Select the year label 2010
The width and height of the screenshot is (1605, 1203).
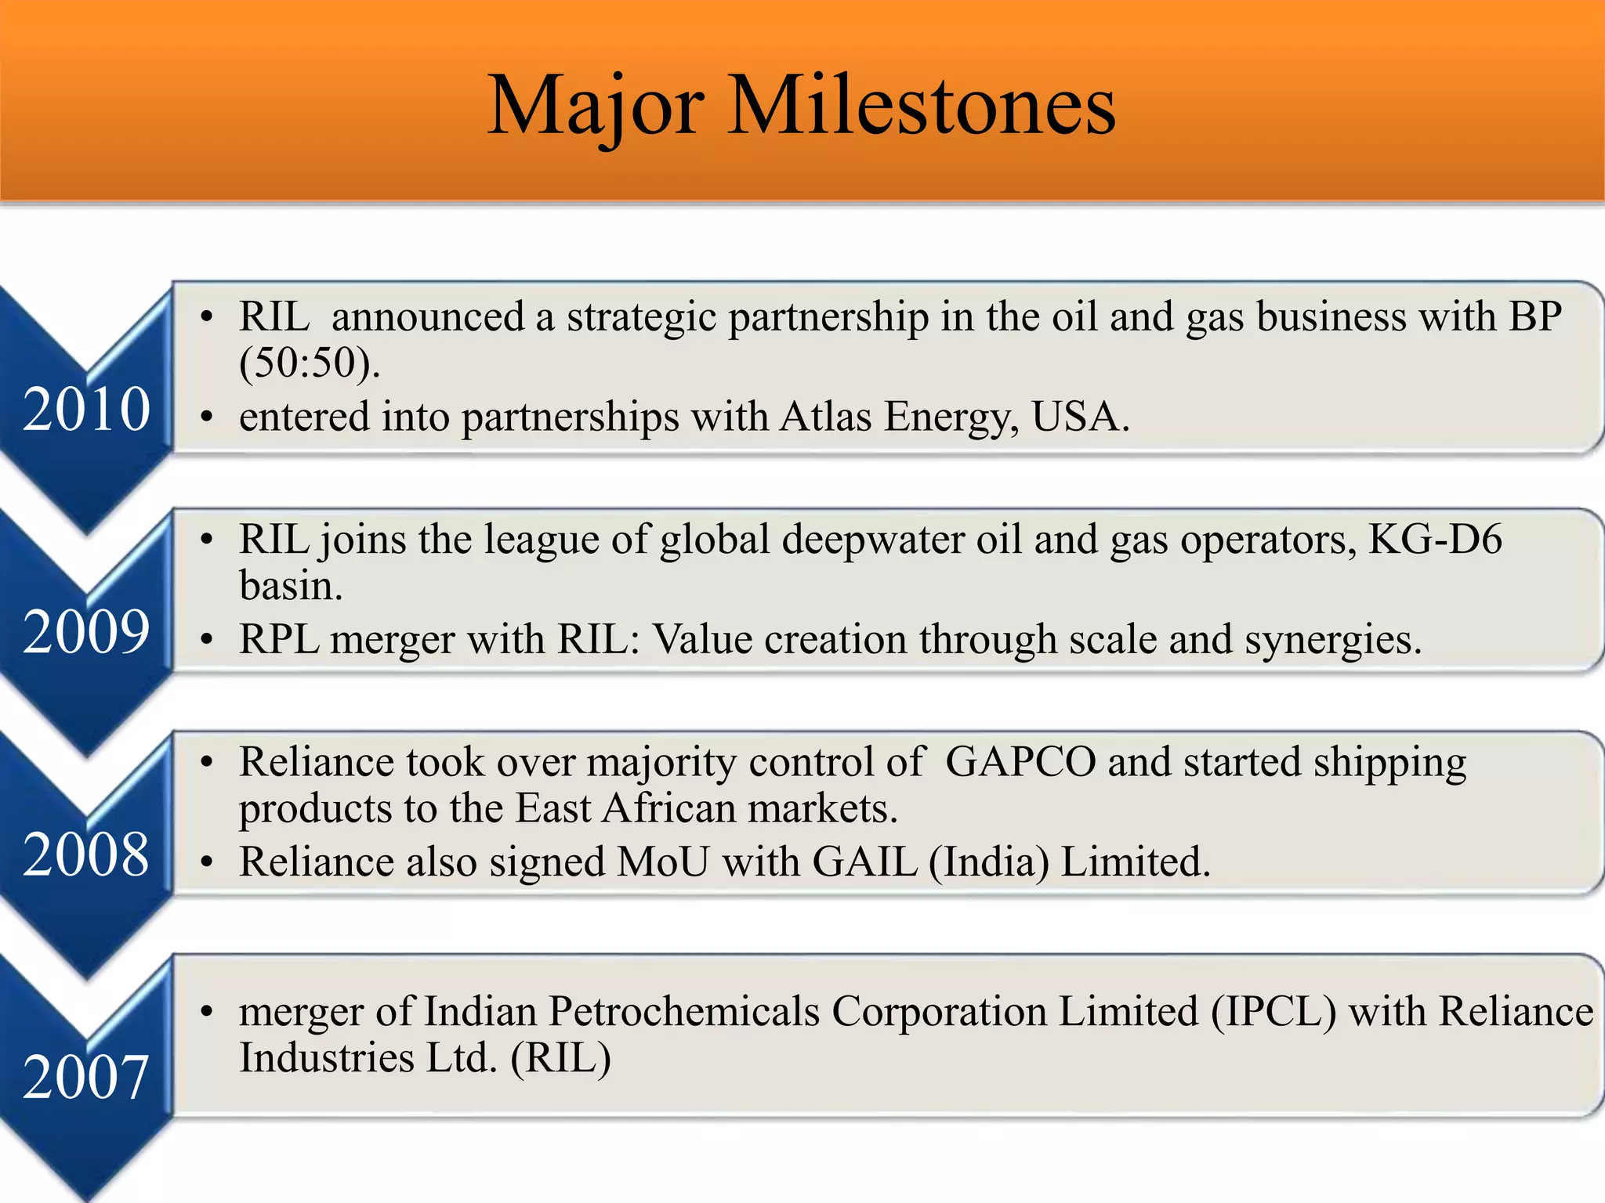click(x=86, y=409)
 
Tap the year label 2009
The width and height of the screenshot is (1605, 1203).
click(x=86, y=631)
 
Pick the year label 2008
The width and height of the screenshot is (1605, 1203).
click(x=86, y=854)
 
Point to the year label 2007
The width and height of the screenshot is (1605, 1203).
click(x=86, y=1077)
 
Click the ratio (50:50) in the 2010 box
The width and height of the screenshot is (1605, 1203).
click(x=310, y=363)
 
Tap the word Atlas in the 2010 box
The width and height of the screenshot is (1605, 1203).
click(x=825, y=416)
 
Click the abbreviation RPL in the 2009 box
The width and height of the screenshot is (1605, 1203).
click(x=279, y=638)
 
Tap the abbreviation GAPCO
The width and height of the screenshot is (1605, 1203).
click(x=1020, y=761)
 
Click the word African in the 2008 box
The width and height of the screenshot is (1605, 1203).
click(x=670, y=807)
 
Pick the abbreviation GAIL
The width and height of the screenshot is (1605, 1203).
click(x=864, y=861)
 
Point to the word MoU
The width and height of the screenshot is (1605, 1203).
click(x=663, y=861)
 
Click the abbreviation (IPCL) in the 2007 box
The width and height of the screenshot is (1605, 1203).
click(x=1273, y=1010)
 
